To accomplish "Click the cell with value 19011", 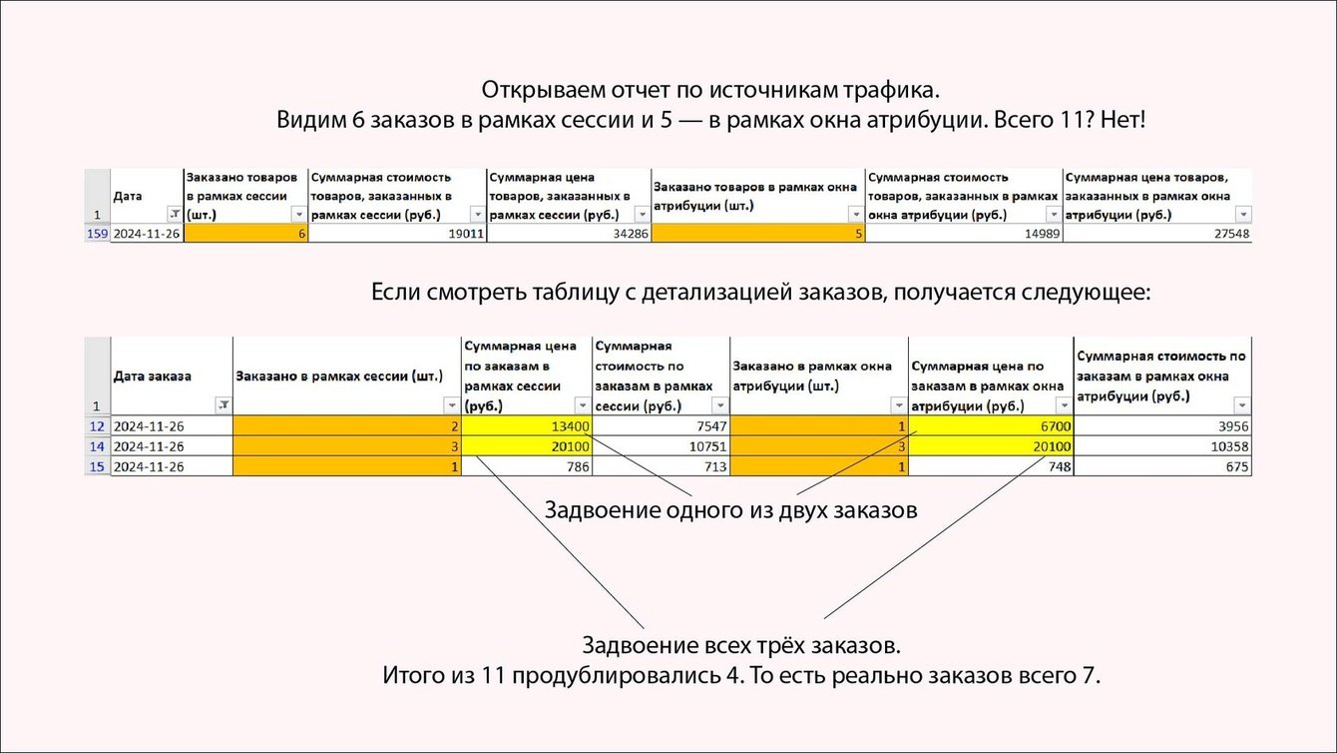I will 396,234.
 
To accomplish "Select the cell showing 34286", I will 568,234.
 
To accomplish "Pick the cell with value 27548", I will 1156,234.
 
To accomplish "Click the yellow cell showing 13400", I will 526,426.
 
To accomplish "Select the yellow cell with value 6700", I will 990,426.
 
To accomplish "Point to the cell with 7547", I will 661,426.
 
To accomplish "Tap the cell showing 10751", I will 661,446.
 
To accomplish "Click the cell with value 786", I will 526,466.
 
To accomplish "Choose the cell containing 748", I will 990,466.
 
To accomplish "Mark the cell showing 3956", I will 1162,426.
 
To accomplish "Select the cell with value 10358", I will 1162,446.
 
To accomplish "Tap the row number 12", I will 97,426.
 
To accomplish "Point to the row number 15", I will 97,466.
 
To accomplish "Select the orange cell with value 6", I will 245,234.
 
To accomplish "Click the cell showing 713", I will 661,466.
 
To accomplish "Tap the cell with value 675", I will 1162,466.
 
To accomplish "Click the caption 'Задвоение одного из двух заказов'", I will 729,510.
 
